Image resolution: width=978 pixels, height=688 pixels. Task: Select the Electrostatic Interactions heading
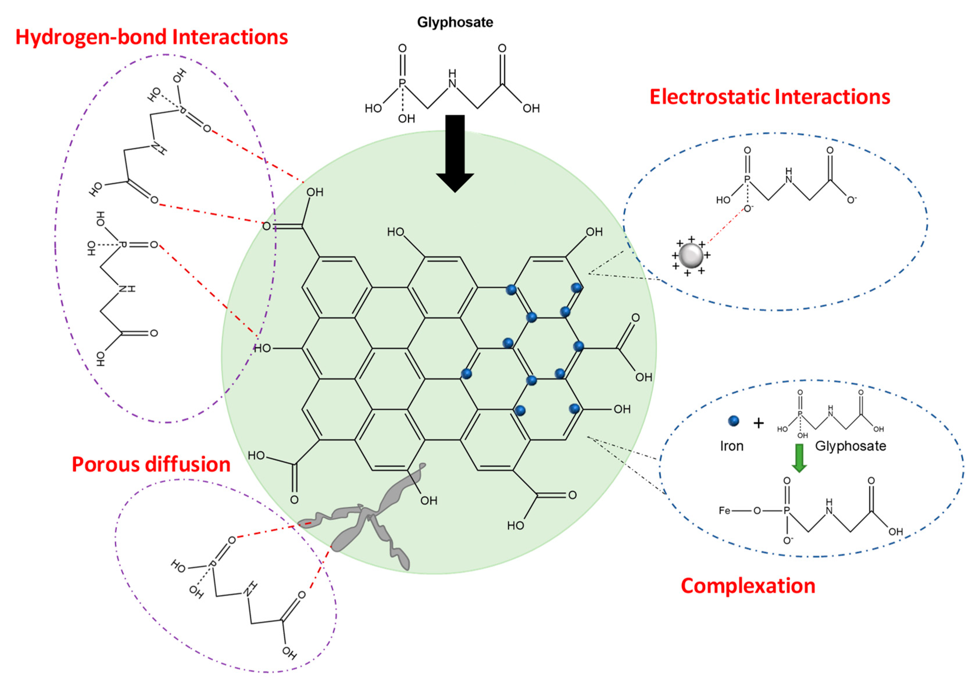769,97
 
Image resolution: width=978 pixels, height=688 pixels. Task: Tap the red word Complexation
748,586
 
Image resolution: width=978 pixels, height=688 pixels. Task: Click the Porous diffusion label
151,464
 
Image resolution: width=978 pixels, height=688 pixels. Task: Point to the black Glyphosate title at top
455,22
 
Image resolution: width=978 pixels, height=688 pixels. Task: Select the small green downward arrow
799,458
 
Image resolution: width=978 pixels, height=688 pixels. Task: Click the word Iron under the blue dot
731,446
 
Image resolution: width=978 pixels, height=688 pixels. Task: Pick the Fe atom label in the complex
725,510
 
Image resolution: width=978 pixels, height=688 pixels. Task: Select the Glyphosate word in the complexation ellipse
850,446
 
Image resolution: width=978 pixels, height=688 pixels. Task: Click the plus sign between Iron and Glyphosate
759,423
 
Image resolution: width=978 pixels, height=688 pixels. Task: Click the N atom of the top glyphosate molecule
452,83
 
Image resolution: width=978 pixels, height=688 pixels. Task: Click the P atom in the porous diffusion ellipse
211,565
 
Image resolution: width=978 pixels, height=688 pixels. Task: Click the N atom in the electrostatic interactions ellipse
789,179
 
